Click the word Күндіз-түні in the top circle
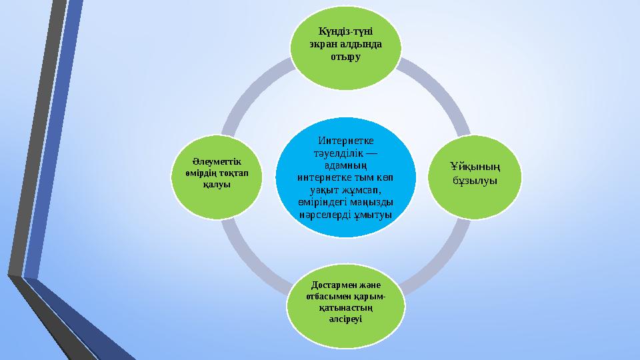(x=345, y=31)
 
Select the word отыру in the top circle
(x=345, y=57)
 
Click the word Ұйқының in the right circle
(x=475, y=167)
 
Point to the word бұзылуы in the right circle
(x=475, y=181)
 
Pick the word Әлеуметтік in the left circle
(x=217, y=161)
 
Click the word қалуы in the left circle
(x=217, y=185)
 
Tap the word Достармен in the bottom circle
(x=329, y=285)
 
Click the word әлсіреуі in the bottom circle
(x=345, y=319)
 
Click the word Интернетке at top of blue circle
(x=346, y=141)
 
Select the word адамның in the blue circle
(x=346, y=166)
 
